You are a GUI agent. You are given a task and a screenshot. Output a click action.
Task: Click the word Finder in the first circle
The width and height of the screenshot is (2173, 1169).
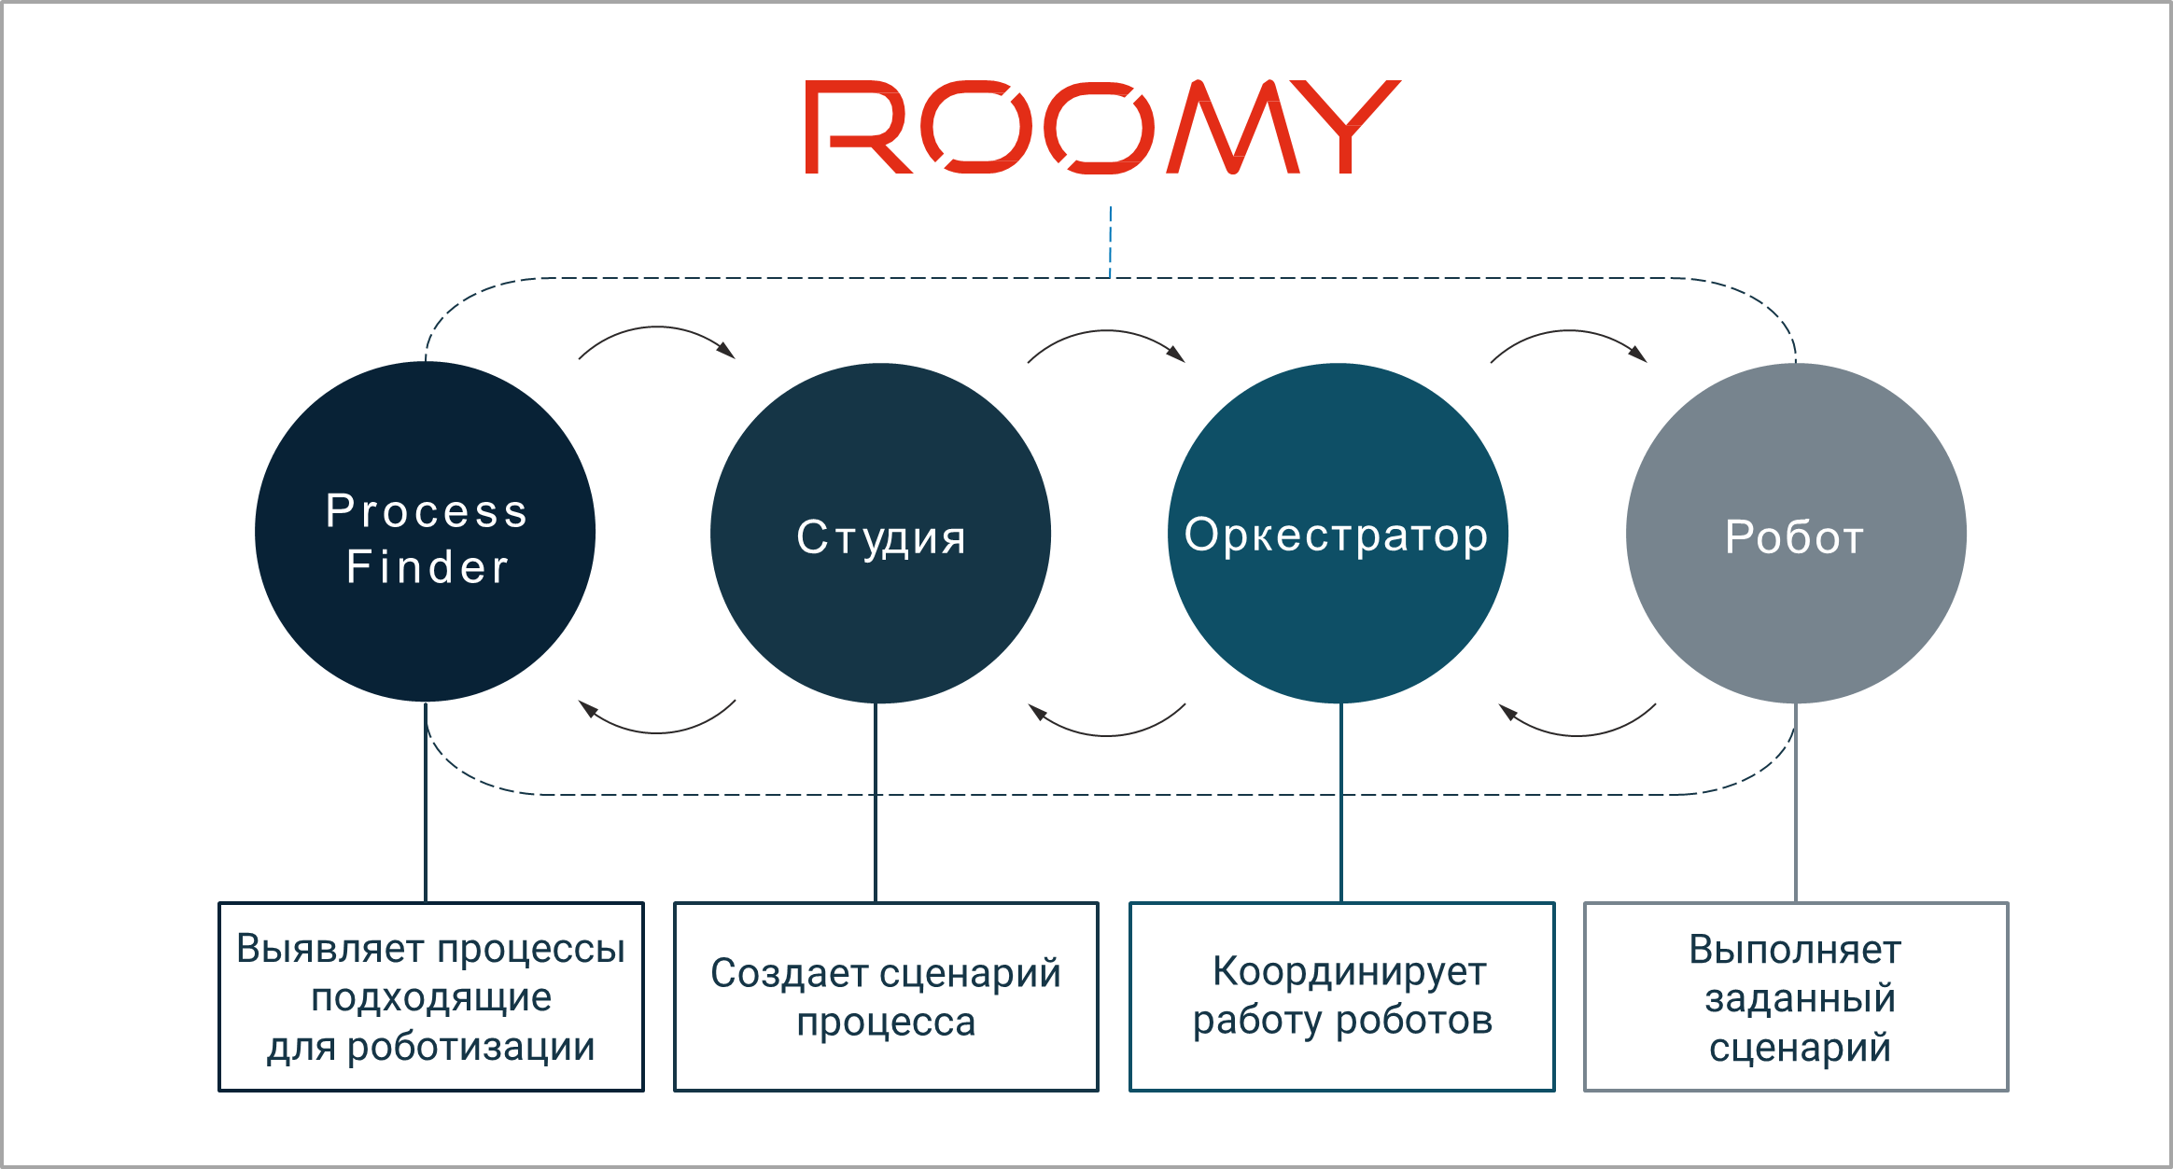[x=428, y=567]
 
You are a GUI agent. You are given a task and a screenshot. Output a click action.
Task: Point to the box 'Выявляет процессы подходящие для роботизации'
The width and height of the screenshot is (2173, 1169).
[x=430, y=996]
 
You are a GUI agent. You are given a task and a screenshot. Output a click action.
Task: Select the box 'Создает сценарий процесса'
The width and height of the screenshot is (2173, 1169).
[x=886, y=996]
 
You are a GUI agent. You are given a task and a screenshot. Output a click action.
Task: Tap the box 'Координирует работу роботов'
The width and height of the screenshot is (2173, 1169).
[x=1341, y=996]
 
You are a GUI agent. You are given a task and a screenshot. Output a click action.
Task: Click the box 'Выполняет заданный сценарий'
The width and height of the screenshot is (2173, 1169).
[x=1797, y=996]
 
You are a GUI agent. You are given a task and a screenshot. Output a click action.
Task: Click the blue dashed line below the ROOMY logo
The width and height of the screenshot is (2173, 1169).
[x=1110, y=241]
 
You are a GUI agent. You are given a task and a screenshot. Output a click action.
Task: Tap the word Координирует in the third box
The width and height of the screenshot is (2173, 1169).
[x=1349, y=972]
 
